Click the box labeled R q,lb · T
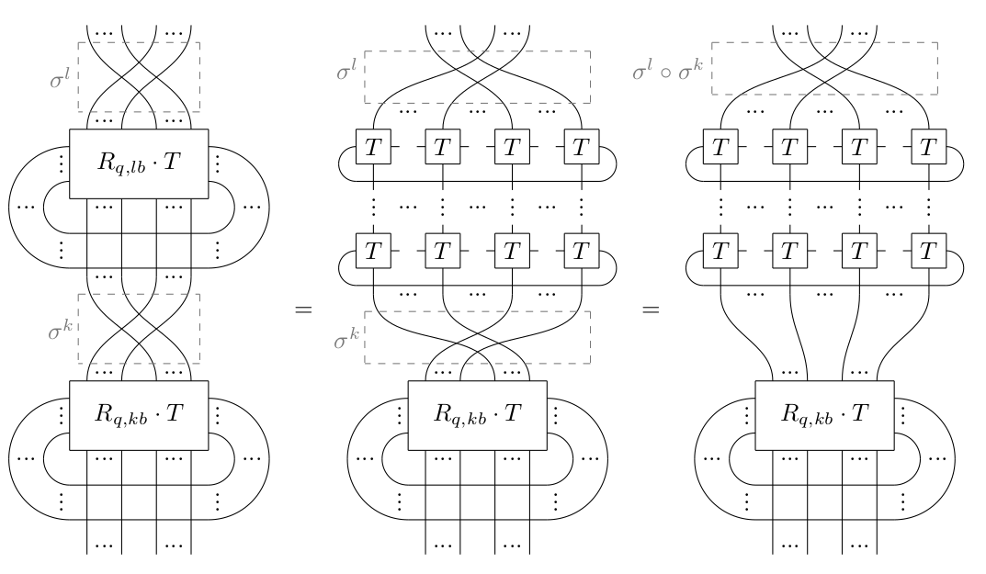(x=139, y=164)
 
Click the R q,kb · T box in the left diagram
(x=139, y=416)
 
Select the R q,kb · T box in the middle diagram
(x=478, y=416)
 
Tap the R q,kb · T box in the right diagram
(x=824, y=416)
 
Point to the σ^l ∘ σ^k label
(x=669, y=69)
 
